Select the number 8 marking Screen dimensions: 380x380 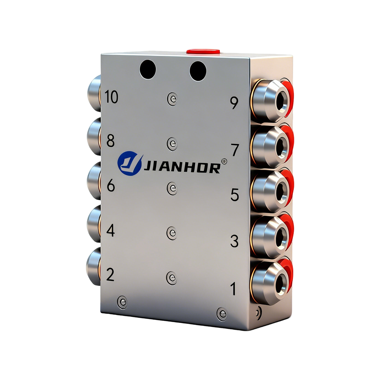(x=111, y=141)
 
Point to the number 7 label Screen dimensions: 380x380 (x=235, y=150)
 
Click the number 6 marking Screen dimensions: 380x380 (x=111, y=186)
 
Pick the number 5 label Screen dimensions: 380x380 (x=235, y=195)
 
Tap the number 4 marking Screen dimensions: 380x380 (x=111, y=231)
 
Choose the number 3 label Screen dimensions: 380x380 (x=234, y=242)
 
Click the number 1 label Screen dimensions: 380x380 (x=234, y=289)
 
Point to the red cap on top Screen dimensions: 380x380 (x=204, y=51)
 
